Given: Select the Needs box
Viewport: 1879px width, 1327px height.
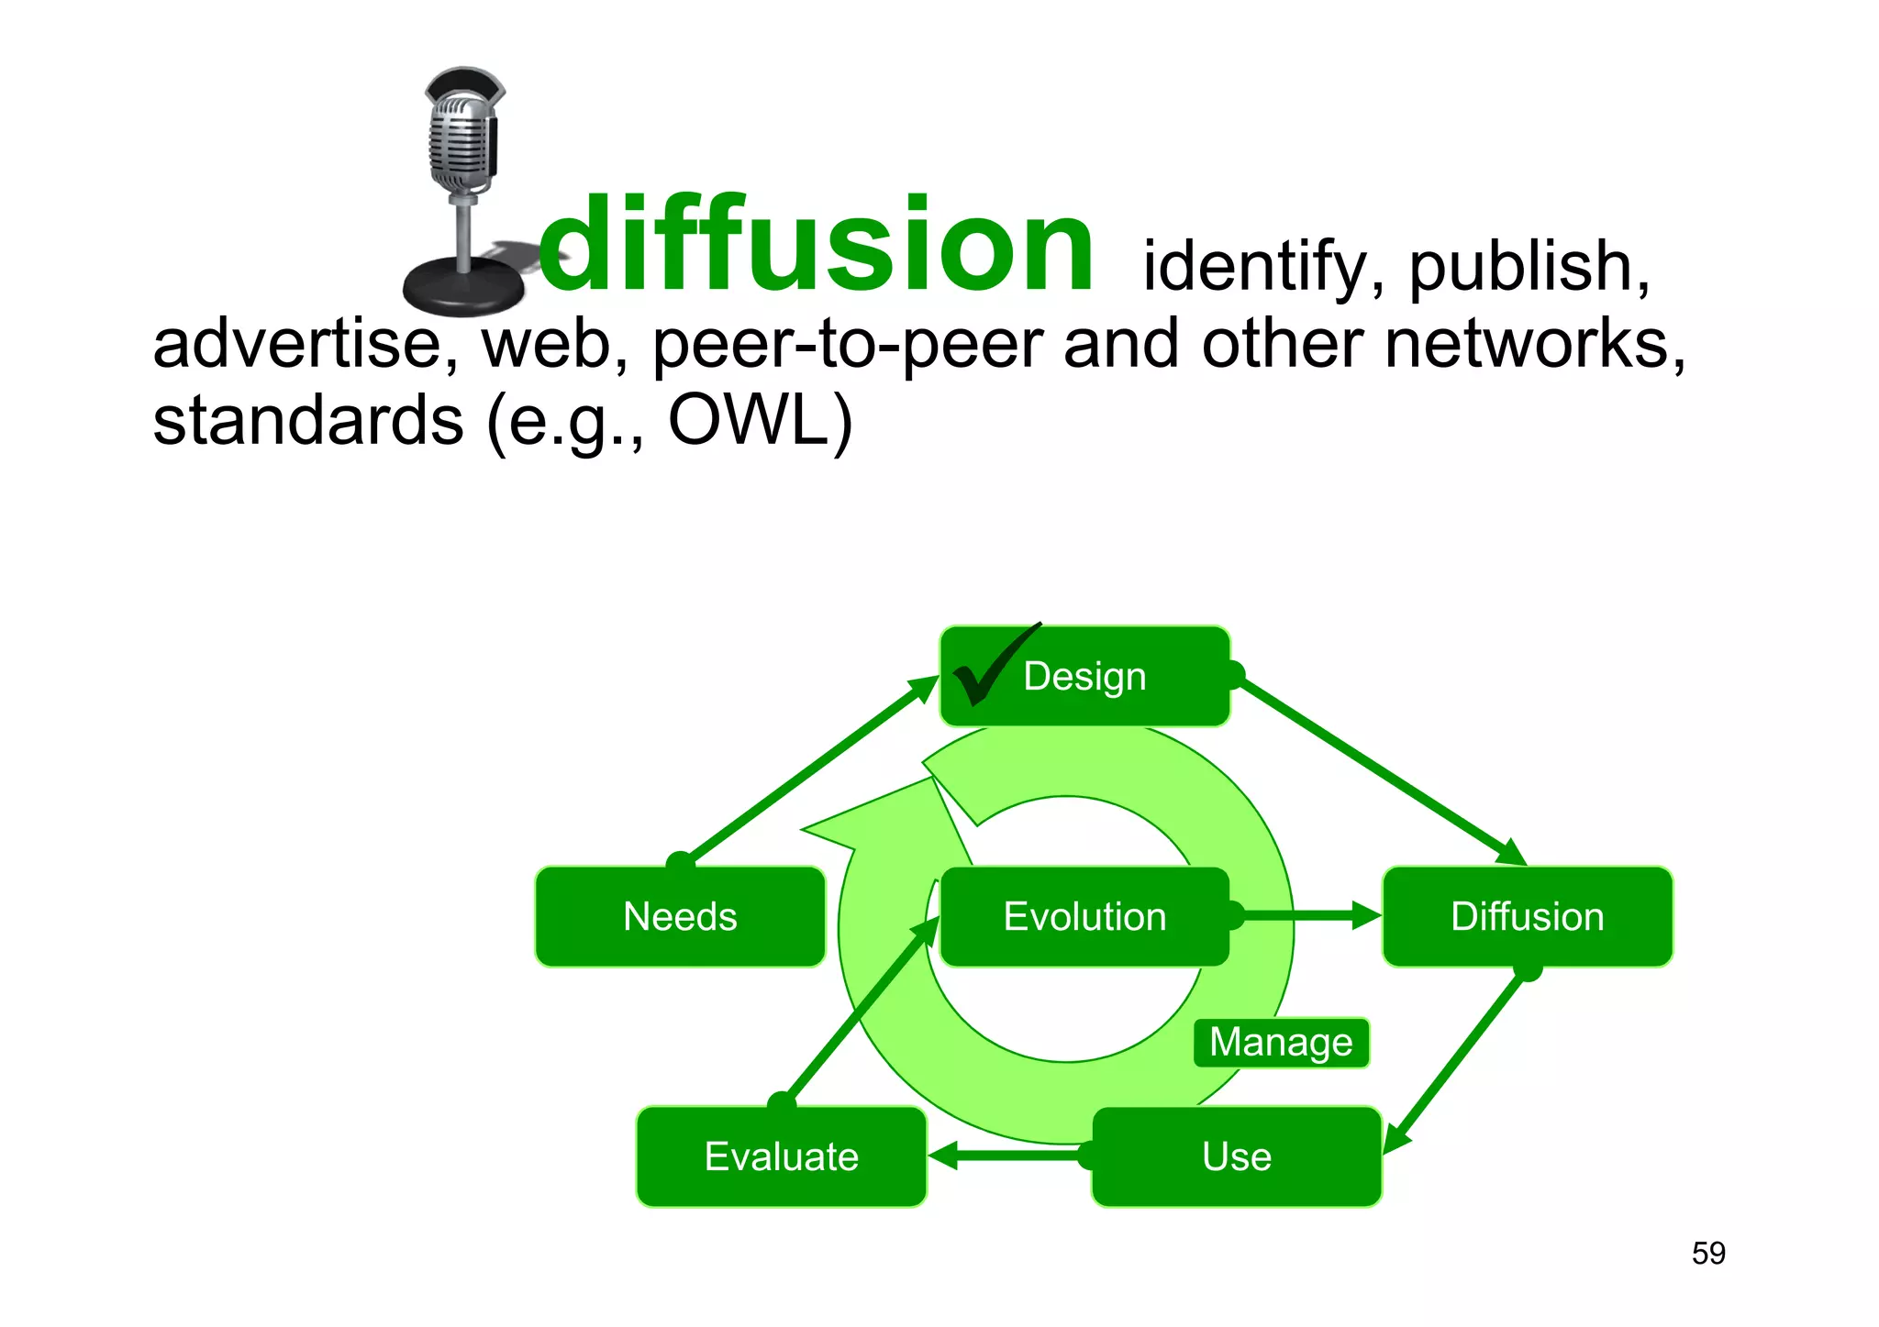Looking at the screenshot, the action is [x=680, y=916].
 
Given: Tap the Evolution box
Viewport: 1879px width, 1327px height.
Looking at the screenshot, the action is [x=1084, y=916].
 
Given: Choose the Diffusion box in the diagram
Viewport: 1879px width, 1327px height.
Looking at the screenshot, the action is [x=1527, y=916].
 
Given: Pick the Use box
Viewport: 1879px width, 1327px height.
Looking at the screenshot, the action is [x=1236, y=1156].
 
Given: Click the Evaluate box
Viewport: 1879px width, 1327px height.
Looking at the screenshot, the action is [x=781, y=1156].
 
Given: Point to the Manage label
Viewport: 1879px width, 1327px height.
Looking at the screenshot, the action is [x=1281, y=1043].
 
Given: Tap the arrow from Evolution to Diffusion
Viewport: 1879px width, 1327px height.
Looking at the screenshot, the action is [x=1303, y=915].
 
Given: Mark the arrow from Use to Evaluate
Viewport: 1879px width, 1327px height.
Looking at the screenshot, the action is [x=1009, y=1156].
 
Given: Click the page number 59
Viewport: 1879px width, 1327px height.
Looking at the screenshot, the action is [x=1708, y=1253].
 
